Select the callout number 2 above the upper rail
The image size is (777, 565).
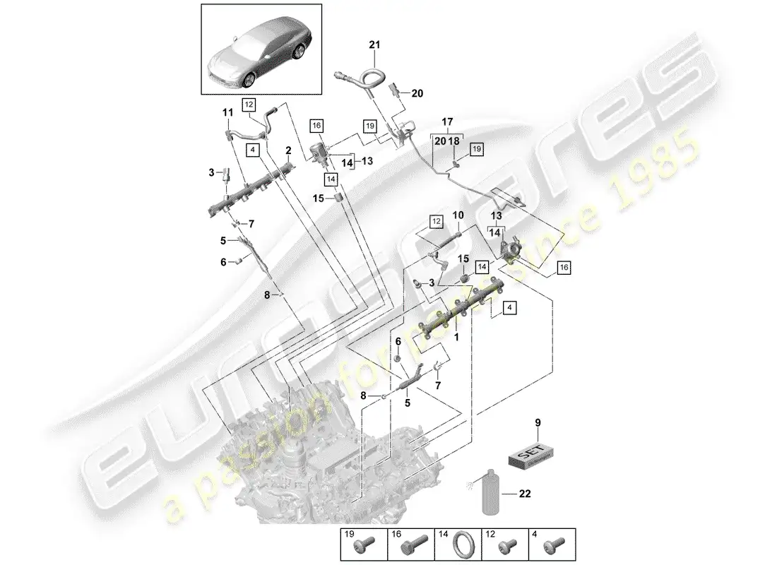tap(288, 150)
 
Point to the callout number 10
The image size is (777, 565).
tap(457, 214)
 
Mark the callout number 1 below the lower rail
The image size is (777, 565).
tap(456, 338)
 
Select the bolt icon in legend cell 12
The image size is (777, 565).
tap(506, 549)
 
